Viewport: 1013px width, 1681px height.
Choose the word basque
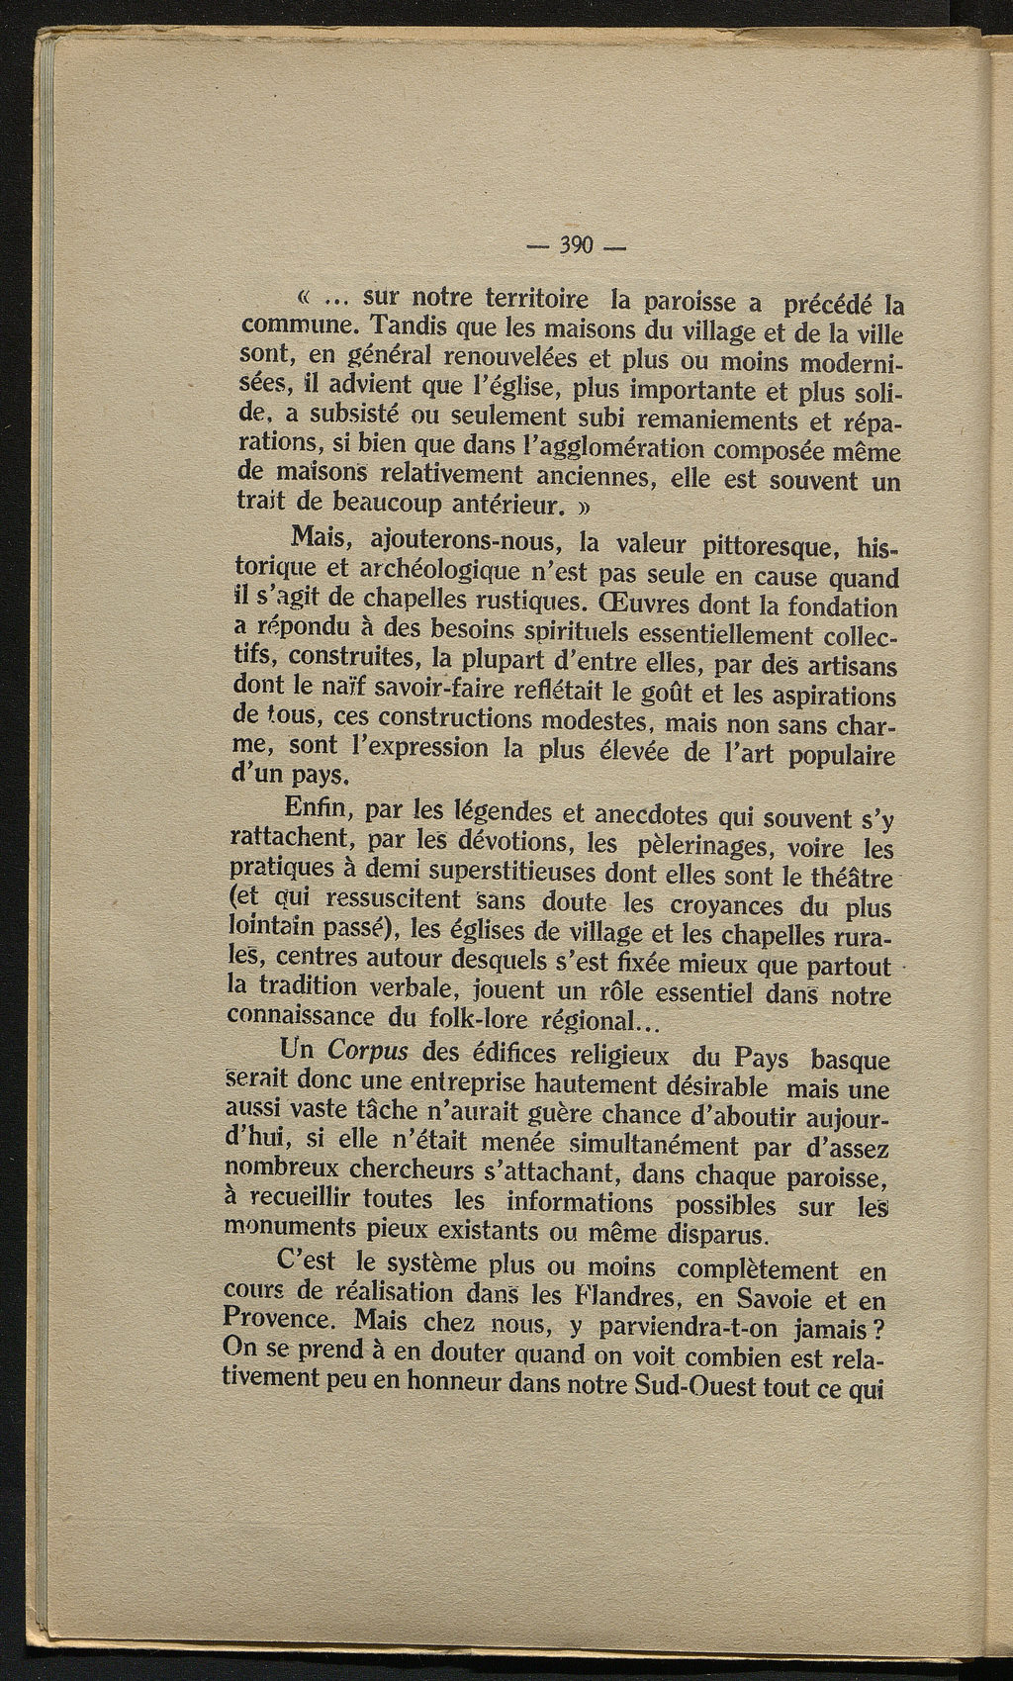tap(850, 1060)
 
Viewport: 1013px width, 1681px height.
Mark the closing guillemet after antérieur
tap(585, 511)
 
